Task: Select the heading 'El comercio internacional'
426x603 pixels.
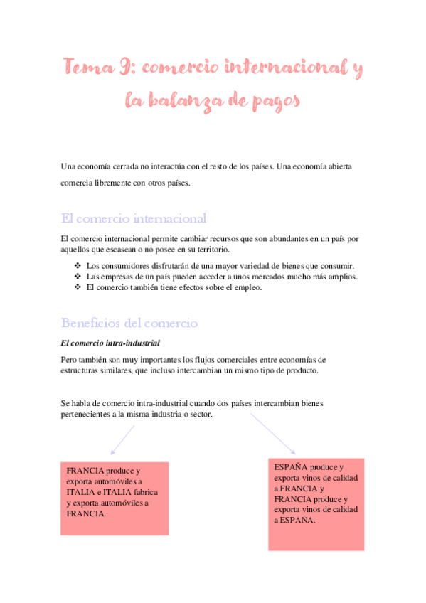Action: pyautogui.click(x=134, y=218)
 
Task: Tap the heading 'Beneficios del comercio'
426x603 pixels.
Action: pyautogui.click(x=129, y=323)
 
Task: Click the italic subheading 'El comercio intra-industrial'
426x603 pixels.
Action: pyautogui.click(x=111, y=343)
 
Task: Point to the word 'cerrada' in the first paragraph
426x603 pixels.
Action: pyautogui.click(x=131, y=166)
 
